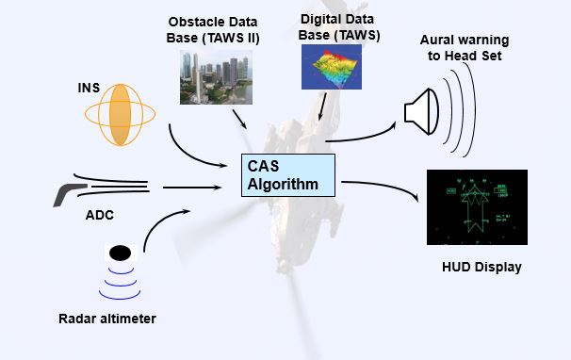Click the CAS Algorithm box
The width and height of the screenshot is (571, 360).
(x=288, y=175)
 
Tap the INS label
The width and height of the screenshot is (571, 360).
(x=89, y=88)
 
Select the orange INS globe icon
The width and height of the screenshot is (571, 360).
(x=121, y=115)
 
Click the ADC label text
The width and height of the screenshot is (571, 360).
(x=100, y=215)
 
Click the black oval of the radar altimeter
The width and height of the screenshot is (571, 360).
(x=121, y=253)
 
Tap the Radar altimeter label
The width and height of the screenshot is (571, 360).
(x=107, y=319)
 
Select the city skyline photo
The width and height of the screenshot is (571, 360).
(x=216, y=77)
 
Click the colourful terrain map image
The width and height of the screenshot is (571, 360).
(x=332, y=67)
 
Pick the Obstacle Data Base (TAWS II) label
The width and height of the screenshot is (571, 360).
(x=213, y=30)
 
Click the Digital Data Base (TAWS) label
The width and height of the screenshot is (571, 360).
(x=338, y=27)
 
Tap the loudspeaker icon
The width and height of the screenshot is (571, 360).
(x=422, y=111)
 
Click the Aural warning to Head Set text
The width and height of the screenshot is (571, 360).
(x=465, y=48)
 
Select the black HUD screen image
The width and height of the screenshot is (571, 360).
(x=477, y=207)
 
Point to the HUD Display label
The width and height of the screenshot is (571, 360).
(x=481, y=267)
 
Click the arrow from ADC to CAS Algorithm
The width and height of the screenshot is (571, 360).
(x=192, y=188)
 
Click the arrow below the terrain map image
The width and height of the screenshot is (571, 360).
(x=322, y=106)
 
